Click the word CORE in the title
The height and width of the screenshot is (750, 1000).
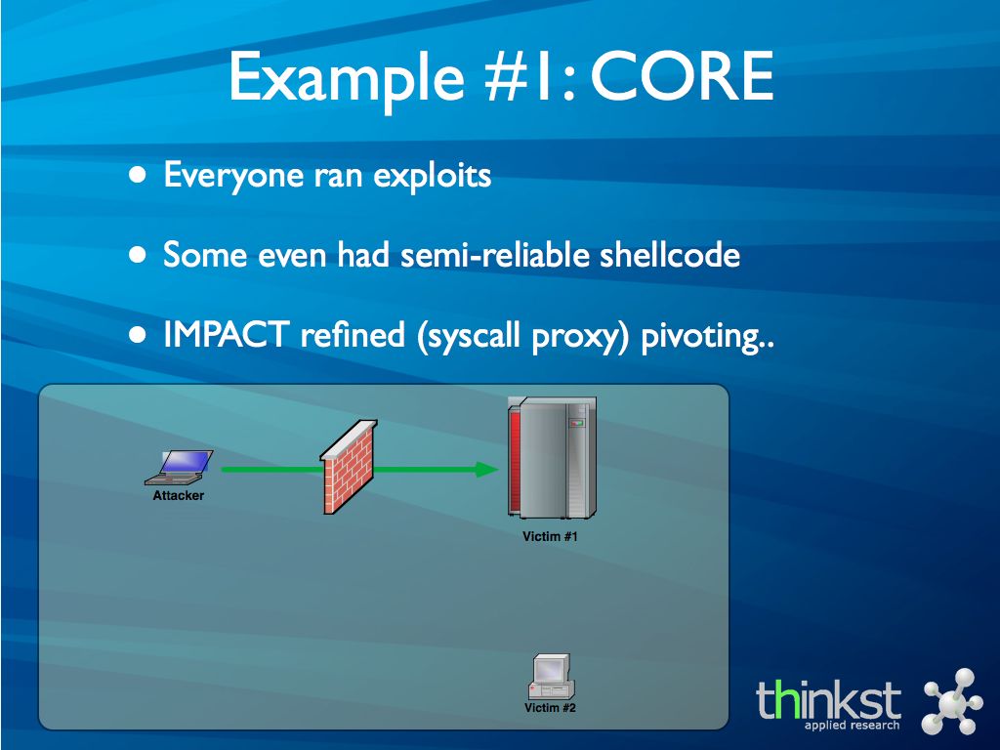point(682,76)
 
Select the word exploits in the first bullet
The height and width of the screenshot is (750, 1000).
point(432,176)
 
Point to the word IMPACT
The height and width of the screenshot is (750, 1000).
point(227,334)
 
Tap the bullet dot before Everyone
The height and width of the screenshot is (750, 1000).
point(138,175)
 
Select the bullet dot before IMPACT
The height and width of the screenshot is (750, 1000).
point(138,334)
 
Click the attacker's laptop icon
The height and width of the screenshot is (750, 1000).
point(180,468)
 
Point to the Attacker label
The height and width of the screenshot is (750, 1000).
point(179,495)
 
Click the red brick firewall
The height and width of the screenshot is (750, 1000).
point(349,467)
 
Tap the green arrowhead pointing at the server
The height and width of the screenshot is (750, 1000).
point(487,470)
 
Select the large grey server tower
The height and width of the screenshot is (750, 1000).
point(553,457)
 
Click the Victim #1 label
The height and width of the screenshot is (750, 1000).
point(551,537)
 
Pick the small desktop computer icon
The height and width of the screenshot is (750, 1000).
point(552,677)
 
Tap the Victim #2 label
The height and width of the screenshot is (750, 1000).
point(551,708)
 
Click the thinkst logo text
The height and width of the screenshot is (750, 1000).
point(828,700)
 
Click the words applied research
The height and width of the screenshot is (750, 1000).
point(852,726)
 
